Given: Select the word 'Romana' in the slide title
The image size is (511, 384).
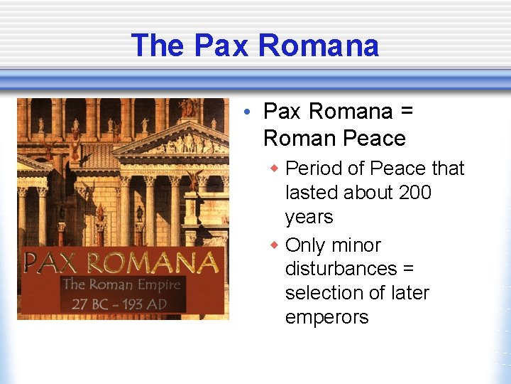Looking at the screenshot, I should tap(318, 46).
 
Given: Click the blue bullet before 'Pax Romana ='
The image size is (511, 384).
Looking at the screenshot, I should tap(243, 112).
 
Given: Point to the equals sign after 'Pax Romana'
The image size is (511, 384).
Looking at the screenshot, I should tap(407, 112).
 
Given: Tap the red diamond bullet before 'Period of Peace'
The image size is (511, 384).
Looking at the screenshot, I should tap(275, 169).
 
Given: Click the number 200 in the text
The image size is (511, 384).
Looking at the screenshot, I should tap(414, 193).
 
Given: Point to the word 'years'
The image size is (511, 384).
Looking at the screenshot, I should tap(309, 217).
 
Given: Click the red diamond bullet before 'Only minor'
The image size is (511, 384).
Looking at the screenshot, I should tap(275, 245).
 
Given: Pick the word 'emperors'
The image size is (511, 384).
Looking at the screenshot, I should tap(326, 316).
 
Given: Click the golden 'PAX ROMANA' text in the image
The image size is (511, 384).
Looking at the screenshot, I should tap(121, 262).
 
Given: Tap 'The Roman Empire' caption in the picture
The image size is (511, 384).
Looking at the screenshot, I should tap(121, 285).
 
